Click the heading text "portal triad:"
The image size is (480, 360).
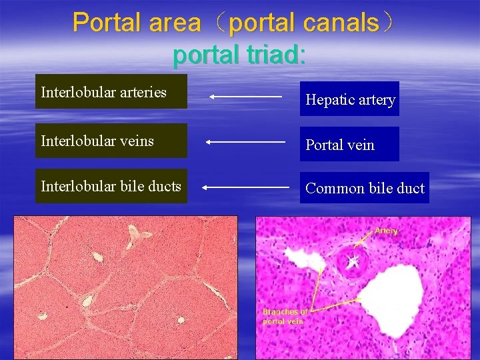coord(239,55)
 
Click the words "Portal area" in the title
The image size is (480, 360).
coord(137,23)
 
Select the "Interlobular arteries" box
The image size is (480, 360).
coord(111,92)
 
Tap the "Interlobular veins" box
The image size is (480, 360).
coord(111,141)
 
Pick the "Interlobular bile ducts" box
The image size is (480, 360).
coord(111,186)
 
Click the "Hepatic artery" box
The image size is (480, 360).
coord(349,99)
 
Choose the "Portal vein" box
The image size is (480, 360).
coord(349,145)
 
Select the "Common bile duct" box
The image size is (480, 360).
coord(364,188)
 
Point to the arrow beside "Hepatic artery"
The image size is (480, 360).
coord(245,97)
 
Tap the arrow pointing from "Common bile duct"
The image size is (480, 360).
coord(245,188)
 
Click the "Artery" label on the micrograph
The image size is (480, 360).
coord(386,231)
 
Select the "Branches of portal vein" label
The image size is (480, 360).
coord(285,316)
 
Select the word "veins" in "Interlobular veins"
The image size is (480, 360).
coord(138,141)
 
